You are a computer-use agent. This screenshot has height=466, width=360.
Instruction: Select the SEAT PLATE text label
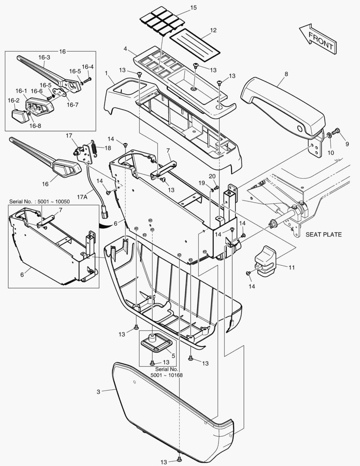click(324, 235)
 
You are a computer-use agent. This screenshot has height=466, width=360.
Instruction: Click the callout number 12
click(213, 31)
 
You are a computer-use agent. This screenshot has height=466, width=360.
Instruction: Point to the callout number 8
click(285, 74)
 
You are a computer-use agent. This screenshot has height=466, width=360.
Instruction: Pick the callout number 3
click(98, 392)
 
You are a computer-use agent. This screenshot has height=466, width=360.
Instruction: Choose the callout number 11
click(292, 268)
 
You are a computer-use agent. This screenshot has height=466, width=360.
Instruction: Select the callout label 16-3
click(44, 57)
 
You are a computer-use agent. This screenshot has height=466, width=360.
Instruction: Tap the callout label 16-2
click(14, 101)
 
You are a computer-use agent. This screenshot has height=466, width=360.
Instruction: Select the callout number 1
click(106, 74)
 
